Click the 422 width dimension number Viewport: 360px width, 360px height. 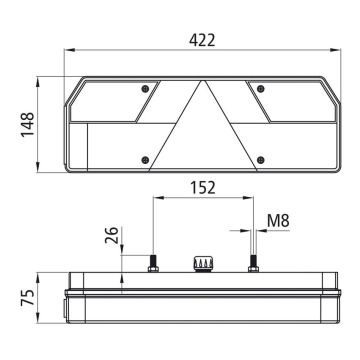click(x=202, y=40)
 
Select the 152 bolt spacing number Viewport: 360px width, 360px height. click(x=202, y=186)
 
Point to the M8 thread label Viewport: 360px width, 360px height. click(x=278, y=219)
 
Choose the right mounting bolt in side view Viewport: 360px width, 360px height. click(x=254, y=263)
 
